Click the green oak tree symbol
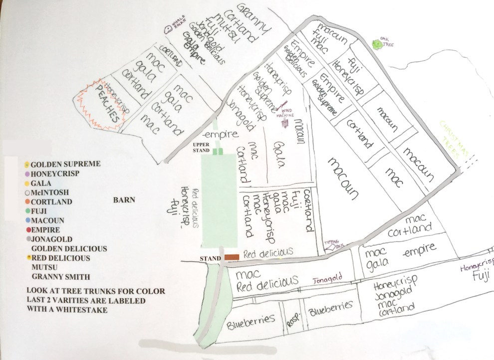pos(376,44)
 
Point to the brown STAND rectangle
pos(232,257)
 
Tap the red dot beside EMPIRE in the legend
pos(27,230)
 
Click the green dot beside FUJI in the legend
pos(27,211)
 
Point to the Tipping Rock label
pos(334,243)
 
